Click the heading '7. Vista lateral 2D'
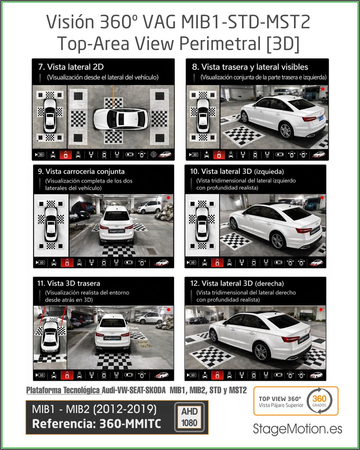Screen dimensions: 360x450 (71, 67)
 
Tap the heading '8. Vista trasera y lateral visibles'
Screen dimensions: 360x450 (250, 67)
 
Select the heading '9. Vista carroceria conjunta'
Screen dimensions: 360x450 (81, 171)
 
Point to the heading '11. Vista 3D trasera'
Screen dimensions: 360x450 (69, 283)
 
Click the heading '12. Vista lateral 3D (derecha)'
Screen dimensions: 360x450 (237, 283)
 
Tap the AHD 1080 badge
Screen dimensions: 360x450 (190, 417)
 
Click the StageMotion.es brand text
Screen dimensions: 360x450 (297, 429)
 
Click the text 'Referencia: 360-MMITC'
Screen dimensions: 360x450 (97, 424)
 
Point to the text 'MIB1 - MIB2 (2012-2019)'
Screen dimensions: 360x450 (94, 409)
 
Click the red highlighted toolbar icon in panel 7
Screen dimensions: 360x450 (66, 155)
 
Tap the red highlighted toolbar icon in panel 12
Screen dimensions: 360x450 (217, 375)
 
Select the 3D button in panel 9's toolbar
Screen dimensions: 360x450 (40, 262)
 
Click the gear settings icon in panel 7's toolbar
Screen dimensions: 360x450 (154, 155)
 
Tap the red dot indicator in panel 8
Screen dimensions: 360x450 (323, 89)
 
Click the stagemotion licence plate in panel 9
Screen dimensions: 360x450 (117, 231)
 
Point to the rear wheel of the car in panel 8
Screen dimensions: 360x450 (286, 131)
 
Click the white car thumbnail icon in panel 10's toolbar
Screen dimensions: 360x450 (317, 262)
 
